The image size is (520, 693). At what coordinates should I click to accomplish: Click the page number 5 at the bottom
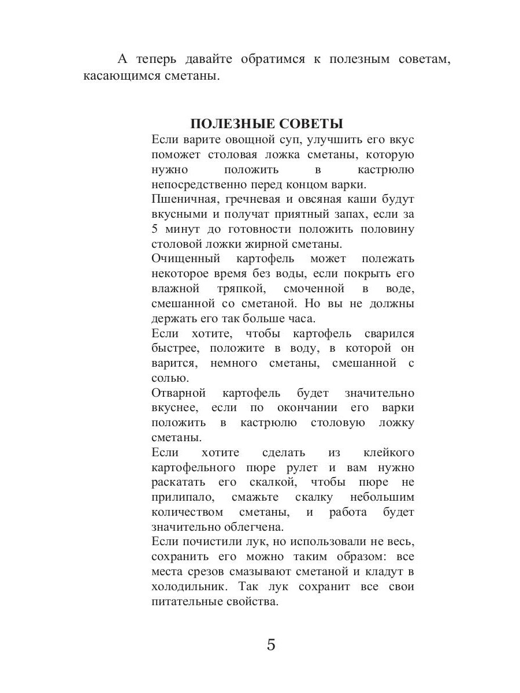(x=271, y=644)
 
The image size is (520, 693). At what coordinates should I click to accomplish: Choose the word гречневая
(x=252, y=199)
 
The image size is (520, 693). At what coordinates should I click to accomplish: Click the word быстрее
(x=172, y=348)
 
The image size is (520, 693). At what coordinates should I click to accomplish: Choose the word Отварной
(x=179, y=393)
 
